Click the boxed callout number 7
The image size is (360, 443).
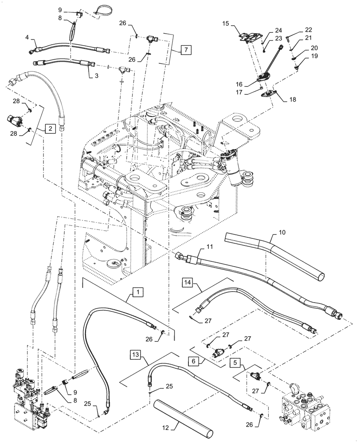[186, 50]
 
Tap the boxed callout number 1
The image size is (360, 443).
[138, 292]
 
